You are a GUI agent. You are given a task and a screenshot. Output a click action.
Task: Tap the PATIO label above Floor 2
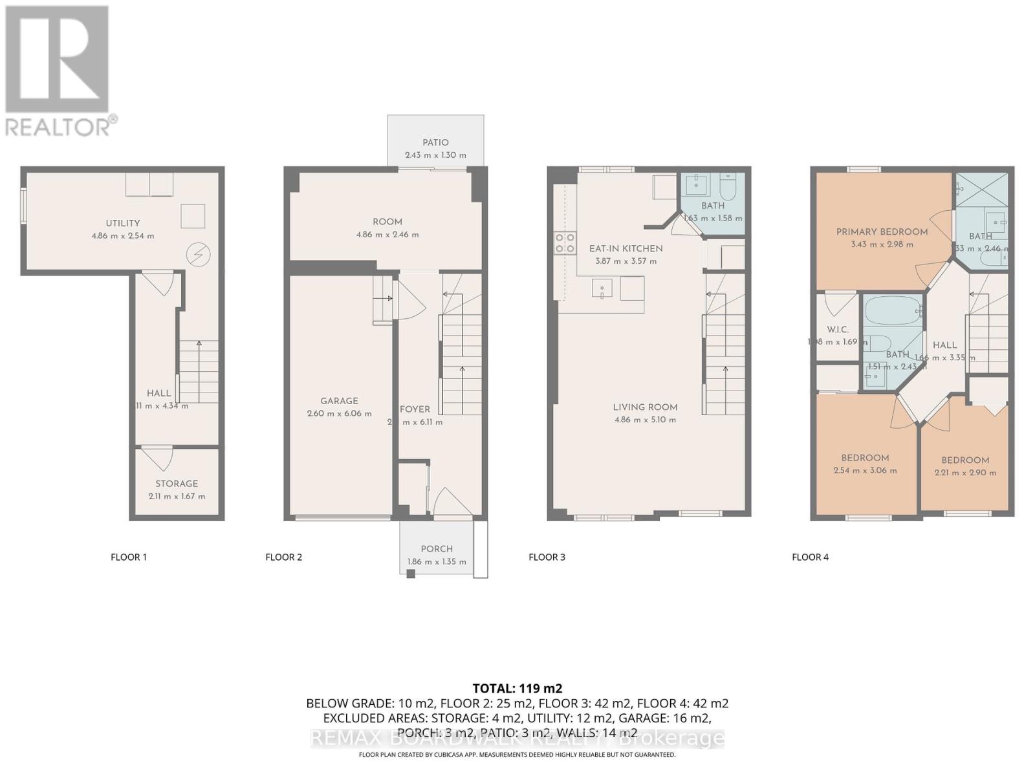point(435,142)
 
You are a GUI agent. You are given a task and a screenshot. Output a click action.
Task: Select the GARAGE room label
point(339,401)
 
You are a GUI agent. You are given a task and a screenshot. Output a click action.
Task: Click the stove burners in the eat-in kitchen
point(565,242)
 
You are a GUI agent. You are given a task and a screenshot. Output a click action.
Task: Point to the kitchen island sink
point(602,288)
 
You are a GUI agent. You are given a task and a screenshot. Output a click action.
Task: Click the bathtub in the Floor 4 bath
point(893,312)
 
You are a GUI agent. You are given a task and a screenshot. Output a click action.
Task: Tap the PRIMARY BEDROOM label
point(882,232)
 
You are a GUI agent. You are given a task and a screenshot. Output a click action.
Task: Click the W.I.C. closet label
point(838,330)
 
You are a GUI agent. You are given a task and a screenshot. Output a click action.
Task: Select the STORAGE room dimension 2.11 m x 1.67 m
point(177,497)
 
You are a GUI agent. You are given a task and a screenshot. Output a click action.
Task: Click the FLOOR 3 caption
point(547,557)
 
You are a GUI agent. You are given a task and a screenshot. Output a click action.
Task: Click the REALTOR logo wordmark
point(61,125)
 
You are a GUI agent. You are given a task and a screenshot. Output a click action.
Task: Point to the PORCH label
point(437,548)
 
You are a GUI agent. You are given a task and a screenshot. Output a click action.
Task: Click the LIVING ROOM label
point(645,407)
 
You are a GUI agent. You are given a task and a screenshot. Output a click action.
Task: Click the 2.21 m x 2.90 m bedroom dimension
point(965,473)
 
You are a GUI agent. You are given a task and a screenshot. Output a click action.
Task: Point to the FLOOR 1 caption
point(129,557)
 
